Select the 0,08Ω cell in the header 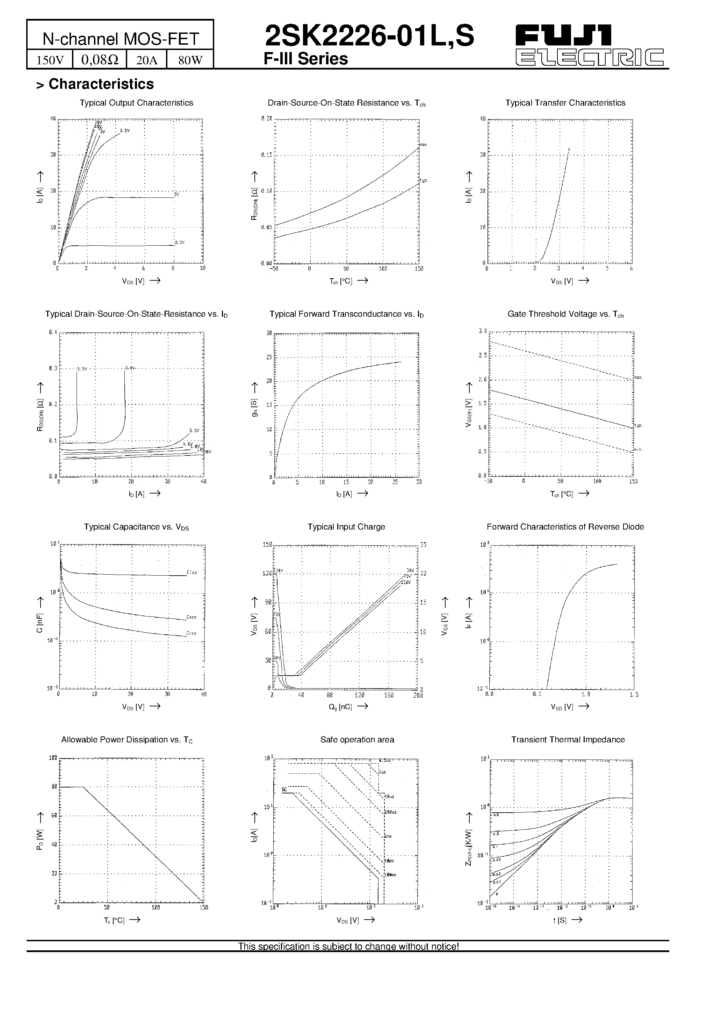tap(100, 60)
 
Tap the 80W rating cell tap(190, 60)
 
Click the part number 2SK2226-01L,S tap(369, 36)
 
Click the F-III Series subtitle tap(305, 59)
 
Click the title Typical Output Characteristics tap(136, 103)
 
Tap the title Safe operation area tap(357, 739)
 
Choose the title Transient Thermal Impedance tap(568, 739)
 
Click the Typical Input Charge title tap(346, 527)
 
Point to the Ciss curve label tap(192, 572)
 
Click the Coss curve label tap(192, 617)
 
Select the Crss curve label tap(192, 633)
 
